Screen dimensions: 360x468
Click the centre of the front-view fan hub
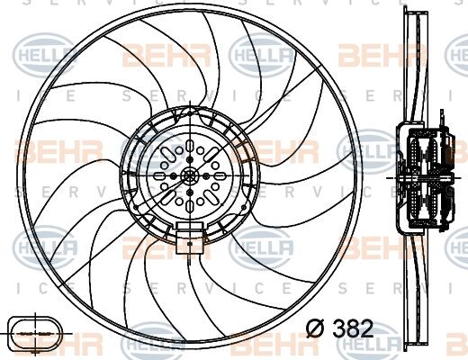pos(190,177)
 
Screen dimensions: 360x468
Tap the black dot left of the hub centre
pos(176,177)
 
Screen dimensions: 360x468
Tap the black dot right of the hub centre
pos(204,177)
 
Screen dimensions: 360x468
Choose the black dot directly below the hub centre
pos(190,191)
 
